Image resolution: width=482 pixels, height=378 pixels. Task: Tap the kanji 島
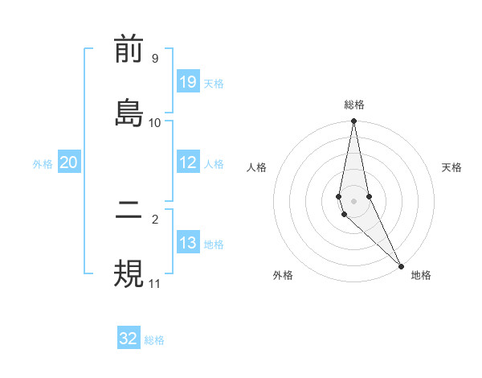pyautogui.click(x=129, y=113)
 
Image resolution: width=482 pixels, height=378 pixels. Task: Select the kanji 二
pyautogui.click(x=129, y=213)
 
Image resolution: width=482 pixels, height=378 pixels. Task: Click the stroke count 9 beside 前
pyautogui.click(x=154, y=59)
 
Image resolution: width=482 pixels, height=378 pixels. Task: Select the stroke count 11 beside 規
pyautogui.click(x=154, y=283)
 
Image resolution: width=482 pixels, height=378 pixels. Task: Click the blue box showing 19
pyautogui.click(x=188, y=82)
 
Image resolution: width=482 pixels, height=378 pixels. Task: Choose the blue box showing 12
pyautogui.click(x=188, y=162)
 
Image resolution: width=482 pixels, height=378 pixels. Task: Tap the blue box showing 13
pyautogui.click(x=188, y=243)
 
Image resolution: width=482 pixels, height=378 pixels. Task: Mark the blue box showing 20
pyautogui.click(x=68, y=162)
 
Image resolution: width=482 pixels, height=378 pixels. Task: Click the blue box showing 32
pyautogui.click(x=129, y=339)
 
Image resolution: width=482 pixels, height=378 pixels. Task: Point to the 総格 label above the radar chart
pyautogui.click(x=354, y=105)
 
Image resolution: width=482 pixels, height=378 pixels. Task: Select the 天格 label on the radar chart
pyautogui.click(x=452, y=167)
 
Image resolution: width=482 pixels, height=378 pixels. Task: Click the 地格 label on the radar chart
pyautogui.click(x=421, y=275)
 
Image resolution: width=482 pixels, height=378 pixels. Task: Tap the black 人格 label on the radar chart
pyautogui.click(x=257, y=167)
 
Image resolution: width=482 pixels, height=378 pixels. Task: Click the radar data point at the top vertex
pyautogui.click(x=353, y=121)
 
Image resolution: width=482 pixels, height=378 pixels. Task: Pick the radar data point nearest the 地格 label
pyautogui.click(x=401, y=265)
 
